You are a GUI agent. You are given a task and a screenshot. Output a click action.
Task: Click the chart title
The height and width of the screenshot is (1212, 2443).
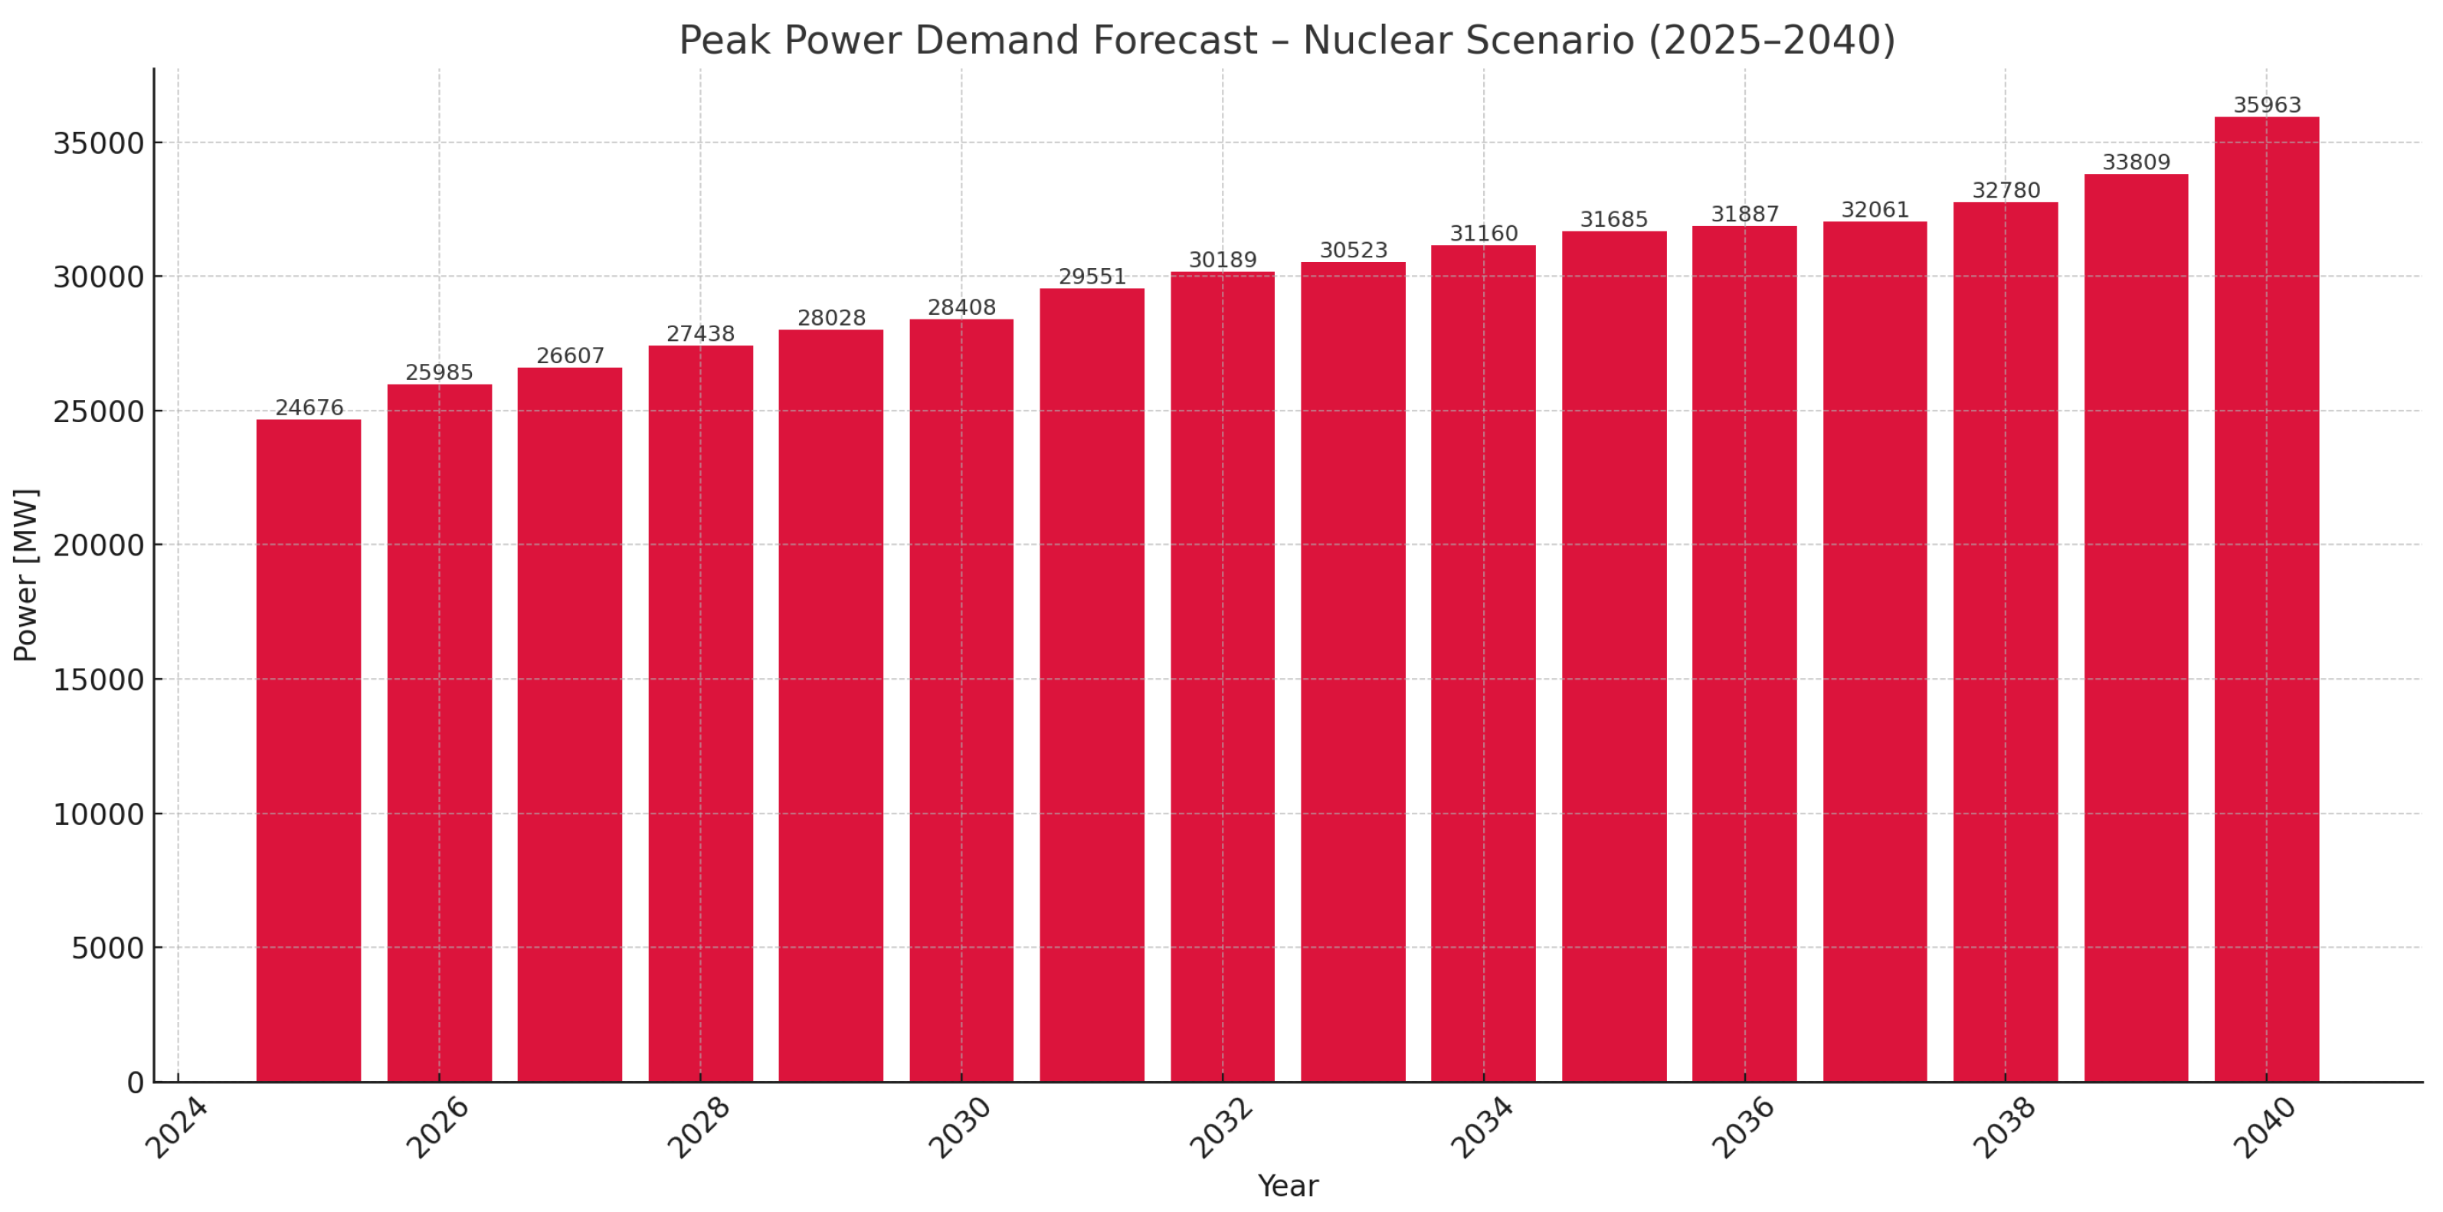pos(1287,41)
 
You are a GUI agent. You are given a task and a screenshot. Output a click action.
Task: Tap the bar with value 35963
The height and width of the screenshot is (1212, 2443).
pos(2267,598)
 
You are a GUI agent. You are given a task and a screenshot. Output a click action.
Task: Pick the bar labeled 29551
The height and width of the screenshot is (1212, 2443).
pos(1092,683)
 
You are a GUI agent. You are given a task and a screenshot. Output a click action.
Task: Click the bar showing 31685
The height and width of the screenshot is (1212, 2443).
pos(1614,654)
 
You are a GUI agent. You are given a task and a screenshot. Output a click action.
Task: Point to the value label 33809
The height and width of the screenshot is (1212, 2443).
pos(2136,162)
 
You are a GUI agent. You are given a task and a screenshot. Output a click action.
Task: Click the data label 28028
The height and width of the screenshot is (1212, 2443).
pos(830,318)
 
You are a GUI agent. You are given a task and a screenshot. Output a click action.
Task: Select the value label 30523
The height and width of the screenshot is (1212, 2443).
pos(1354,251)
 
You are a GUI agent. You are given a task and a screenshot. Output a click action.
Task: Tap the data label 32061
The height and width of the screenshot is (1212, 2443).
pos(1875,210)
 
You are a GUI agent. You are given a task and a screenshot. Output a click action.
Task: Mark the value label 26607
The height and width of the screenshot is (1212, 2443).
pos(570,355)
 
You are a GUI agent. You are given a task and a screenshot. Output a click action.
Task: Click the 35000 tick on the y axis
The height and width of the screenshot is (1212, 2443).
pos(98,143)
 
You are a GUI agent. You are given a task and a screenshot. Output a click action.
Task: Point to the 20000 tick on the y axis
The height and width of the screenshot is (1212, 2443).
pos(98,545)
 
